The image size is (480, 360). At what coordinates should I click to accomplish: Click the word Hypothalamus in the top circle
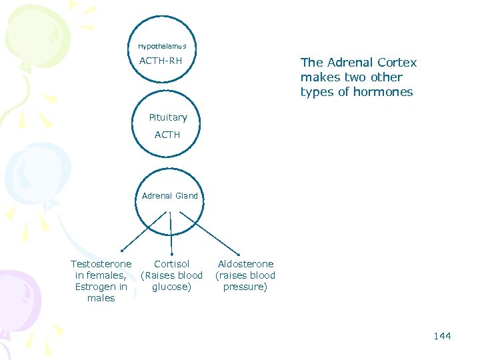[162, 47]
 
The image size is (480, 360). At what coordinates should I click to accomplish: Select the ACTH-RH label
[161, 62]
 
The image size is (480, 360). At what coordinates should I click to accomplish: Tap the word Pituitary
[168, 117]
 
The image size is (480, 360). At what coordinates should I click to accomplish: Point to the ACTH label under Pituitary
[167, 135]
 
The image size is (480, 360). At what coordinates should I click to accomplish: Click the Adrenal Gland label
[170, 196]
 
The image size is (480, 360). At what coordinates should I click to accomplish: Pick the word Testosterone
[101, 264]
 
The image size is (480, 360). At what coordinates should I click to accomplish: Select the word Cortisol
[172, 264]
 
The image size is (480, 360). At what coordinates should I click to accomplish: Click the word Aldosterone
[245, 264]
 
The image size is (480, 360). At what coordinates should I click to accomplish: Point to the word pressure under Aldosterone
[245, 287]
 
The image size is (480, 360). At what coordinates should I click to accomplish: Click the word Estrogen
[95, 287]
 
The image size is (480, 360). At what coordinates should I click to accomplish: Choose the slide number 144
[442, 336]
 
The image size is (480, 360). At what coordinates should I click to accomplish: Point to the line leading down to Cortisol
[171, 233]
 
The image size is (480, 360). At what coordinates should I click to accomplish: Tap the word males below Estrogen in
[101, 298]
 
